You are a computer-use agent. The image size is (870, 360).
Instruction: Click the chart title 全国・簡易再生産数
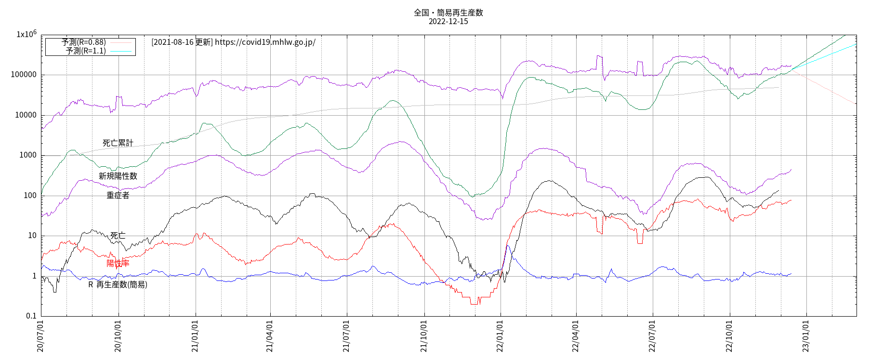(448, 13)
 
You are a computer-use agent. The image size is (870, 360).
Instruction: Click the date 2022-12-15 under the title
(448, 22)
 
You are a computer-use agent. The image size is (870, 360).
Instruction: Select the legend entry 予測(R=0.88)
(84, 42)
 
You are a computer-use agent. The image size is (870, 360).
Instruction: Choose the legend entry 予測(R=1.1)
(86, 51)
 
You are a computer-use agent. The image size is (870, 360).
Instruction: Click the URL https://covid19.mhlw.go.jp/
(265, 42)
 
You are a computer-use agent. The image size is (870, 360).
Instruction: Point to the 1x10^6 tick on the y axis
(26, 34)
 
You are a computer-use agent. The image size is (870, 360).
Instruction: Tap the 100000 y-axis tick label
(24, 75)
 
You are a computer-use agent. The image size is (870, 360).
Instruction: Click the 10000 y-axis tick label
(26, 115)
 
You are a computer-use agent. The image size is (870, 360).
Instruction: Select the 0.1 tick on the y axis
(31, 316)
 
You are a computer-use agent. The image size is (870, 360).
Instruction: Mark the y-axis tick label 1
(34, 276)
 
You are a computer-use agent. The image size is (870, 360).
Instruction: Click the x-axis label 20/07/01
(40, 336)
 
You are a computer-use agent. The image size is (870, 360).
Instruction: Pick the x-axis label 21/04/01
(270, 336)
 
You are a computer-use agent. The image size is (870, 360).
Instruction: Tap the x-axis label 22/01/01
(500, 336)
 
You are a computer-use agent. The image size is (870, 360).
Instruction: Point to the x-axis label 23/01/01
(806, 336)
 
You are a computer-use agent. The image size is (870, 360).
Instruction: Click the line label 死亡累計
(118, 143)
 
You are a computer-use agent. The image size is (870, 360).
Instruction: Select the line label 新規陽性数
(118, 176)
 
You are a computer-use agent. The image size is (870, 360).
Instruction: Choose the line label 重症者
(118, 195)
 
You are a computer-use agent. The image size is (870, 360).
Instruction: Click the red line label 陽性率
(118, 263)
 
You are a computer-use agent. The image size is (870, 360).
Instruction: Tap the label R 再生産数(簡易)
(118, 285)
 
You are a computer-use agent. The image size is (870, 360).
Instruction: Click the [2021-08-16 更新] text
(182, 42)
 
